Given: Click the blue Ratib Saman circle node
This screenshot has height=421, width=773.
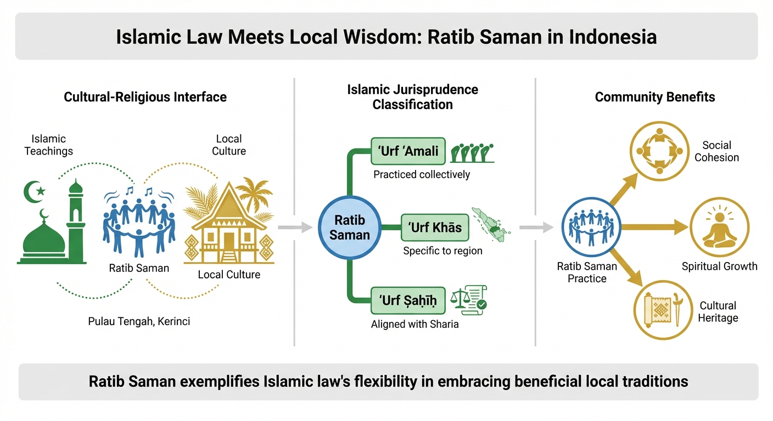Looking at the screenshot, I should (349, 227).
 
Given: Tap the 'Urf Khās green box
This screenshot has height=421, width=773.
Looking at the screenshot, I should (435, 227).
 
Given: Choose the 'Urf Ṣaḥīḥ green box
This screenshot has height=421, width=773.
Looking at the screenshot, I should (407, 301).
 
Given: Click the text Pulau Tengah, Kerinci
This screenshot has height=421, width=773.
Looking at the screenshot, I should (139, 321).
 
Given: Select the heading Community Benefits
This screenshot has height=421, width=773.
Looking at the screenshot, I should (654, 98).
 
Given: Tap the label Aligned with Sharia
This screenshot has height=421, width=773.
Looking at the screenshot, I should (414, 324).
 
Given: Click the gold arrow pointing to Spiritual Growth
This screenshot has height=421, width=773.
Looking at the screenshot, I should (653, 226).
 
